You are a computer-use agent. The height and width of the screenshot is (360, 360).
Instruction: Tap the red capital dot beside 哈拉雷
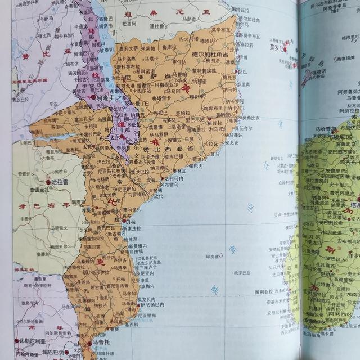tap(48, 183)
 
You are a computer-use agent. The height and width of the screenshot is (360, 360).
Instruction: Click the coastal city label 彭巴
tap(242, 72)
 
